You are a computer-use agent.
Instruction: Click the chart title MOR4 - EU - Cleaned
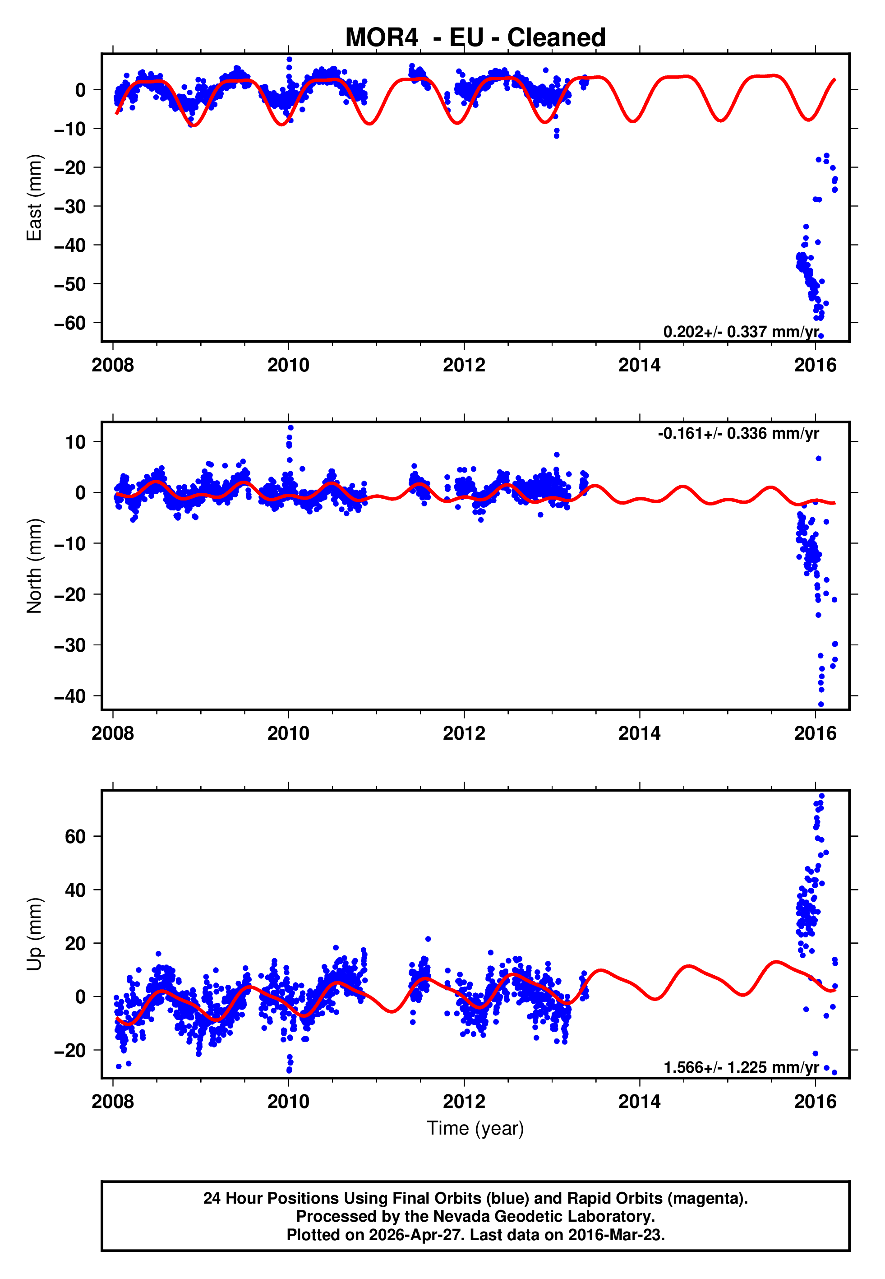pos(475,38)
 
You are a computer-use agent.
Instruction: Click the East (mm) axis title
pos(34,198)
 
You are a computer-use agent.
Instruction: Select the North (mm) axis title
pos(34,566)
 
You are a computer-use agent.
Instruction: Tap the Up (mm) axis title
pos(34,934)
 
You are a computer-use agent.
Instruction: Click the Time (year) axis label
pos(475,1128)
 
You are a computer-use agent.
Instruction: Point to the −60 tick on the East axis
pos(70,323)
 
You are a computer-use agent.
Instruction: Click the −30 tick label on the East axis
pos(70,206)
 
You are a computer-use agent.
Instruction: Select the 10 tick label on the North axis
pos(75,442)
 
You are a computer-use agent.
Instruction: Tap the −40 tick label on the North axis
pos(70,696)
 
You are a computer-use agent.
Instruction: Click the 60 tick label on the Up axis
pos(75,836)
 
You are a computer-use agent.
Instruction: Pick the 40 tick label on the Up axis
pos(75,890)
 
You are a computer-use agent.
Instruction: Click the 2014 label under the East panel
pos(639,365)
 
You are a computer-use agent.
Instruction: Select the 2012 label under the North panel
pos(464,733)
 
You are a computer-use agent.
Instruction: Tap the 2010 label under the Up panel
pos(288,1102)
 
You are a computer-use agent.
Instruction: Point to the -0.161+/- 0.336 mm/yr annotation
pos(738,433)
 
